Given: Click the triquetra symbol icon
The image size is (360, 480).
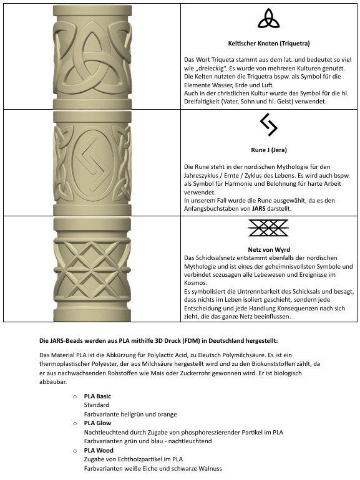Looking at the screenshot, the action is coord(270,19).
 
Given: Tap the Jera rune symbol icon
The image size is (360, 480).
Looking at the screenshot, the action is coord(269,125).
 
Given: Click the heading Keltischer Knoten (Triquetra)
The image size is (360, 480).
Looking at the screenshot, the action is coord(270,43).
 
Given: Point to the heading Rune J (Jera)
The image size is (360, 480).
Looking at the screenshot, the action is coord(270,150).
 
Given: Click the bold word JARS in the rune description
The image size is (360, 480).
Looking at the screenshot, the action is coord(262,209).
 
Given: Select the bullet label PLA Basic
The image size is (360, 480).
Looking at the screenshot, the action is coord(97,396).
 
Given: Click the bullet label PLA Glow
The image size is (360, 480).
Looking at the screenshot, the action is coord(97,423).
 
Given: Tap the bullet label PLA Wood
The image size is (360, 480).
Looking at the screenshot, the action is coord(98,450).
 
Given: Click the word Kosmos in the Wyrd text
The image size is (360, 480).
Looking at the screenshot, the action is coord(197,282).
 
